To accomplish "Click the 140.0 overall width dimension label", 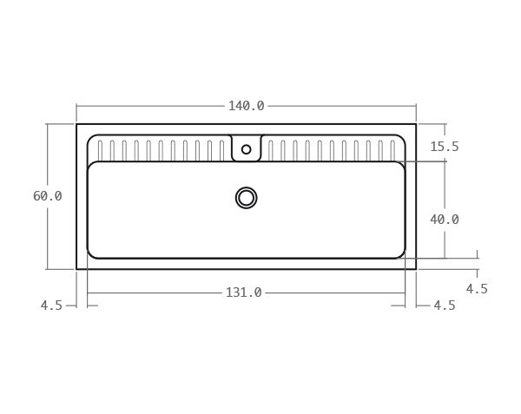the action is pos(247,106).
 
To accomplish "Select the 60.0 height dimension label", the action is pos(48,196).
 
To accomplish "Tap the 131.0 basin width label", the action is pos(243,292).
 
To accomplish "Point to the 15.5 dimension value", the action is pos(445,147).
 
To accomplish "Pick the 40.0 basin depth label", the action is pos(445,220).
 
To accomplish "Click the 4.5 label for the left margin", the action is pos(51,306).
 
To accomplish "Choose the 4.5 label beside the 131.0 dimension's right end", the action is pos(445,306).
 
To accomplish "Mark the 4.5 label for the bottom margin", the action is pos(477,289).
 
